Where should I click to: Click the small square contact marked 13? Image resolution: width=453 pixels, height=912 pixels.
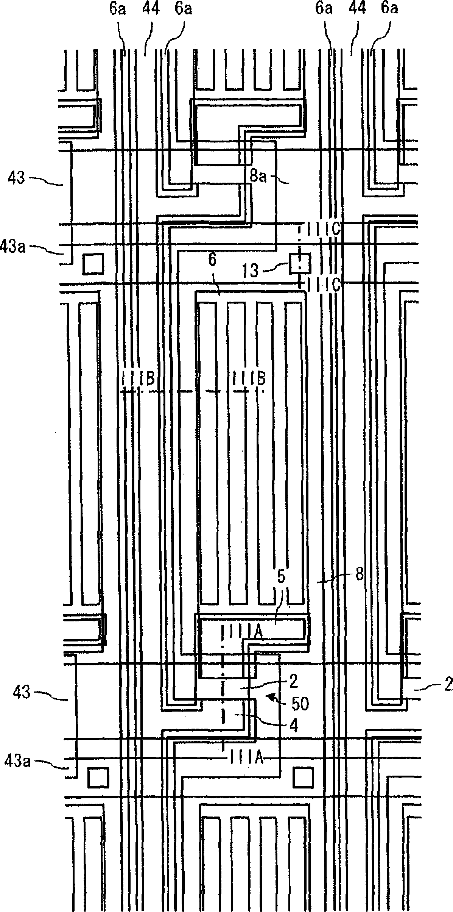point(300,264)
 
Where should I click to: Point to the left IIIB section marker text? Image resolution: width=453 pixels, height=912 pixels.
point(139,379)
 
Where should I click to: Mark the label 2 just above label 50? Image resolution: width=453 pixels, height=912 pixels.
point(304,682)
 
